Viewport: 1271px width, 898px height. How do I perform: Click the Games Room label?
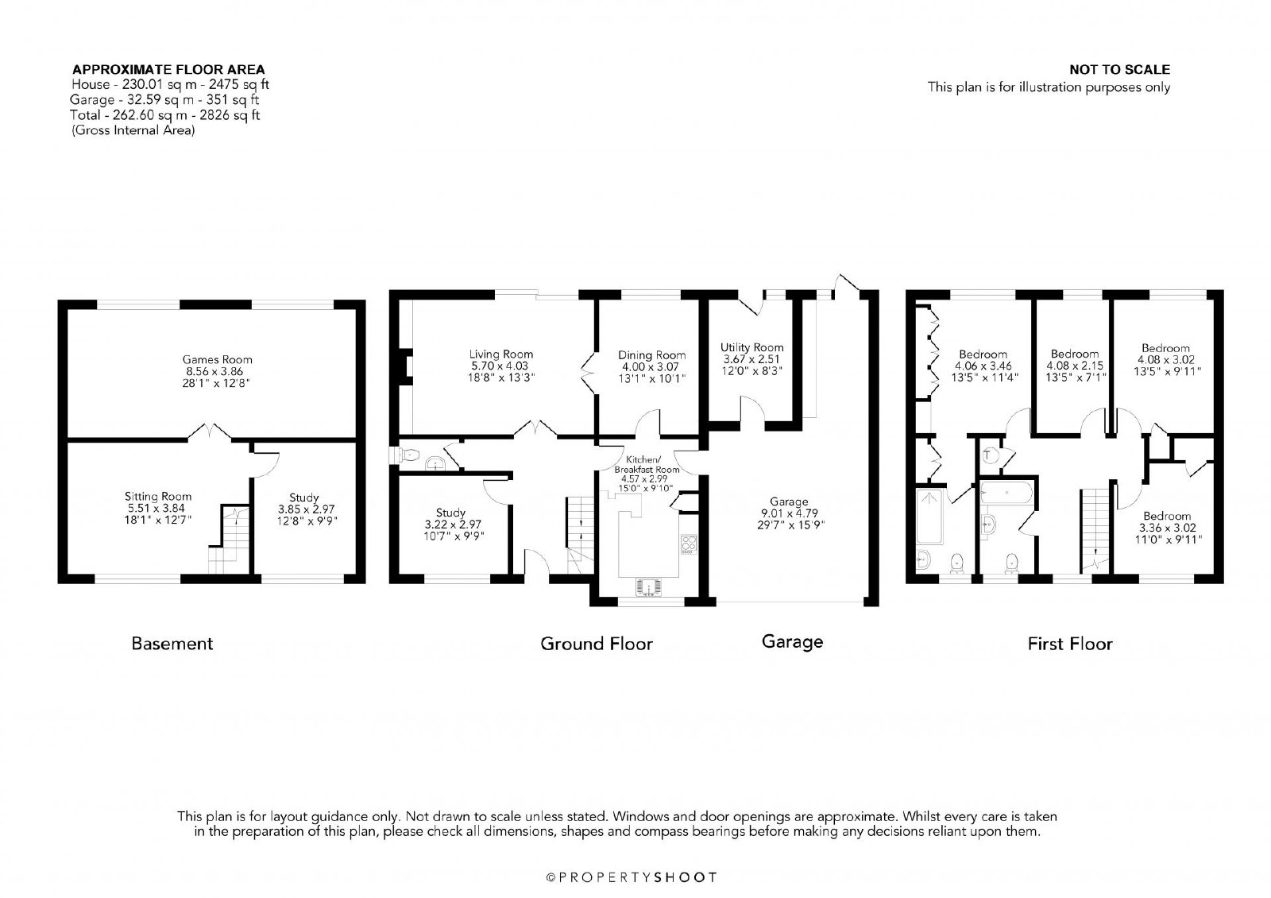(218, 359)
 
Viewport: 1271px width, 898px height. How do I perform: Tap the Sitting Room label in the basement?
(158, 496)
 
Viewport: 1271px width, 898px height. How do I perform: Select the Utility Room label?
(751, 347)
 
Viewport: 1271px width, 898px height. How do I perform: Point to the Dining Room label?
(652, 355)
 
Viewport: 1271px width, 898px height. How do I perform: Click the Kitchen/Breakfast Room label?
(647, 464)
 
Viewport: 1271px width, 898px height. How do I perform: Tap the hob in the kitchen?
(688, 544)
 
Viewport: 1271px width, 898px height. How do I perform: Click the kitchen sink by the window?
(648, 587)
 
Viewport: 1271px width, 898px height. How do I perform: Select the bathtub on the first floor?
(1007, 492)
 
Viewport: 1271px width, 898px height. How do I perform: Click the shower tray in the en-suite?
(929, 516)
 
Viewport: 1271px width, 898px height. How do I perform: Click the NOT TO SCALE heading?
(1119, 69)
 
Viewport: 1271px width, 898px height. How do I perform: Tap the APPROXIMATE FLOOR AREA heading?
(168, 69)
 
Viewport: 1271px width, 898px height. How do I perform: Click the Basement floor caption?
(172, 644)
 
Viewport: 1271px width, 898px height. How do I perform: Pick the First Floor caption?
(1070, 644)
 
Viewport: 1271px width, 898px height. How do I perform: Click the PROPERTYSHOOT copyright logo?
(632, 877)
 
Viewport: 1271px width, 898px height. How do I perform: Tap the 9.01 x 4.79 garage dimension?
(790, 513)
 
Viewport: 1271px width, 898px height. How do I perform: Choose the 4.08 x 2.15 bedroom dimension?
(1075, 366)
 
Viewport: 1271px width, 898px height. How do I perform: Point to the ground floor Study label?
(450, 513)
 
